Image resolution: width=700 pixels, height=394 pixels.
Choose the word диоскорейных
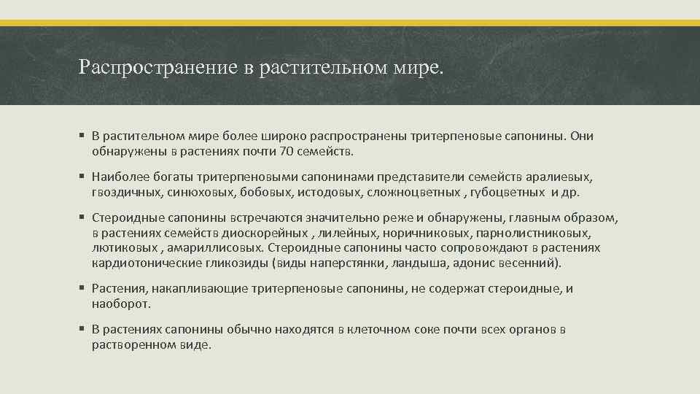pyautogui.click(x=272, y=233)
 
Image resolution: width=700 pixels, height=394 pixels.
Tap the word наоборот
pyautogui.click(x=121, y=303)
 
